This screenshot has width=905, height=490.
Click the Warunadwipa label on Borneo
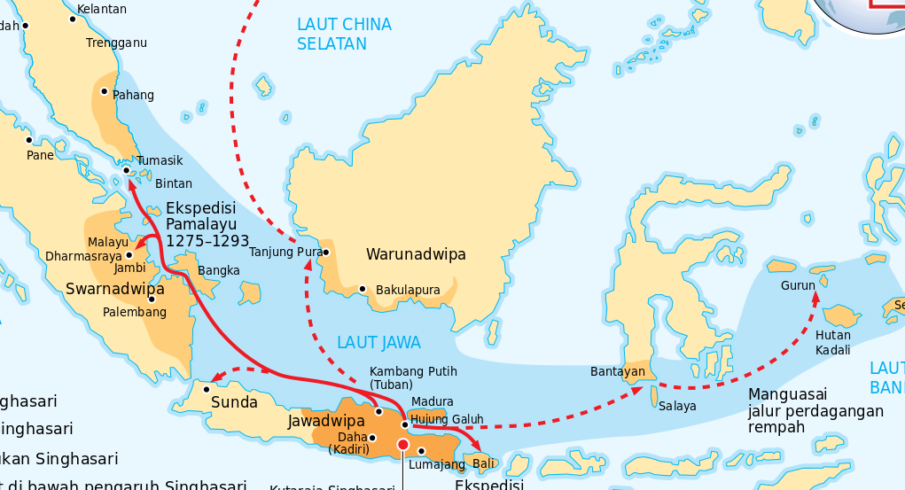[x=416, y=255]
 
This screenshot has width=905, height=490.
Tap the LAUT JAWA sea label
[x=378, y=342]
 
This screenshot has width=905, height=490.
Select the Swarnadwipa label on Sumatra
[x=115, y=289]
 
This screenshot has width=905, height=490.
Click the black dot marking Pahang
[x=105, y=91]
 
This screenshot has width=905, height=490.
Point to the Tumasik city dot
[x=127, y=170]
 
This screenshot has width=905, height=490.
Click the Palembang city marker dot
[x=152, y=299]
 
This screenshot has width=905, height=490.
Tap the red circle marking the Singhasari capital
[x=403, y=444]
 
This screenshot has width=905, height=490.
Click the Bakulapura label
[x=408, y=290]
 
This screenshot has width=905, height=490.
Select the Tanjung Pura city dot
[x=325, y=252]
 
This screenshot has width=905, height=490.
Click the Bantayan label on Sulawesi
[x=617, y=371]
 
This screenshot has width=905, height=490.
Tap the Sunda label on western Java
[x=234, y=402]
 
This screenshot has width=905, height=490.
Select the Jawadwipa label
[x=326, y=421]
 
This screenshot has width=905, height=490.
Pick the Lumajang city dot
[x=422, y=451]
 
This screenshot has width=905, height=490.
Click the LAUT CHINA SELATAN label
[x=344, y=34]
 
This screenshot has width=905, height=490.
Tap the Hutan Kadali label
[x=832, y=342]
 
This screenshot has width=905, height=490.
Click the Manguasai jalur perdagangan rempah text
[x=815, y=411]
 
